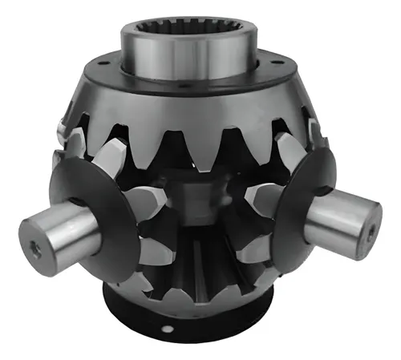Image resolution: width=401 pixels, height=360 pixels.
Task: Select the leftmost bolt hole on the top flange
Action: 101,63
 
